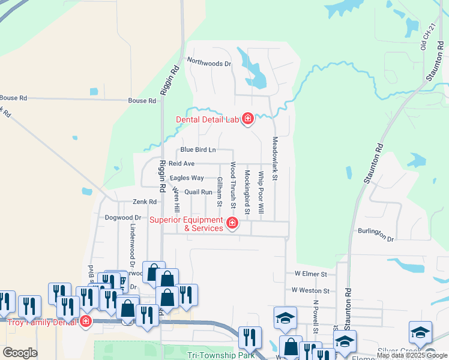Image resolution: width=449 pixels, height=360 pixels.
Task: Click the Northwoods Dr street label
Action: (x=209, y=62)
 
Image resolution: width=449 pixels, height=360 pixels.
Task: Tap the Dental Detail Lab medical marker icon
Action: (x=247, y=119)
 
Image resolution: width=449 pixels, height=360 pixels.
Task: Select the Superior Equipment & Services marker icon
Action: (x=232, y=225)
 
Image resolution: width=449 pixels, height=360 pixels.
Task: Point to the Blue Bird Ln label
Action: (x=197, y=149)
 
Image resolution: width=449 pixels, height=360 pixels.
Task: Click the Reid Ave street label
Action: (x=181, y=163)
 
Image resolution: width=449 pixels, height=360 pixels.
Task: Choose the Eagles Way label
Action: (x=187, y=178)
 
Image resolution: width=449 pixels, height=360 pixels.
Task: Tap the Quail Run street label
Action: (x=199, y=192)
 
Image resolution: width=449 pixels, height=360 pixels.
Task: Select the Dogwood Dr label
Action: (x=122, y=218)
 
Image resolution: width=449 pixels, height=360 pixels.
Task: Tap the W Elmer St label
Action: (x=310, y=274)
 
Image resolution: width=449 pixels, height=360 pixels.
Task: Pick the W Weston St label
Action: (x=310, y=290)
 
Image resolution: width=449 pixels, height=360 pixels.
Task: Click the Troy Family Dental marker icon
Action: (x=86, y=322)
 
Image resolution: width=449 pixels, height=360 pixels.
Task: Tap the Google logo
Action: (x=20, y=353)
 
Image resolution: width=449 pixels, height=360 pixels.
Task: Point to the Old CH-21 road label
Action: (x=423, y=40)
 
